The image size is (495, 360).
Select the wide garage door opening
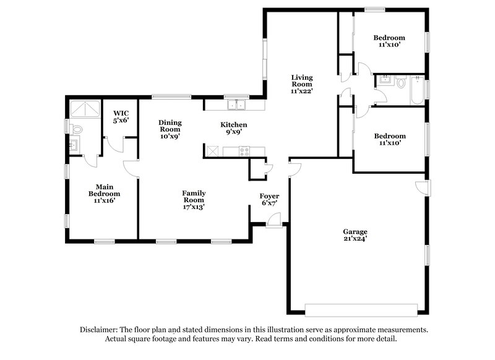361,307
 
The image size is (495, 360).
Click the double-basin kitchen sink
236,105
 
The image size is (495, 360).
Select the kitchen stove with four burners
244,150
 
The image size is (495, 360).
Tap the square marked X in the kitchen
212,150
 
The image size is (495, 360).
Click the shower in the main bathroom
85,109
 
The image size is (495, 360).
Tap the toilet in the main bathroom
75,129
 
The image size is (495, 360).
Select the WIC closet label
120,113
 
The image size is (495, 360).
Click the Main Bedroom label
103,189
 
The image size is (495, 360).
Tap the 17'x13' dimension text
193,207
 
